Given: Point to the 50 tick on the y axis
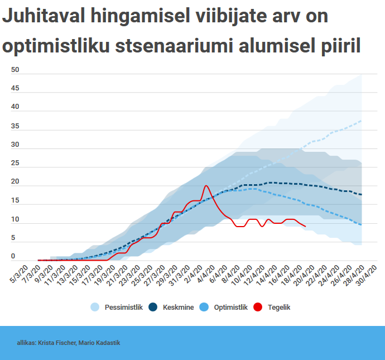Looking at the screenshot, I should point(15,70).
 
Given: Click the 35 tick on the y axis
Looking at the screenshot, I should point(15,126).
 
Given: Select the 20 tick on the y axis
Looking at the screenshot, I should point(15,182).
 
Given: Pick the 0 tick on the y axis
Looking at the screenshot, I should point(13,257).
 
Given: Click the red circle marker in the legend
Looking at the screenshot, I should point(258,307).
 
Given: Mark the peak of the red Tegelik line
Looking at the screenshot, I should point(206,185).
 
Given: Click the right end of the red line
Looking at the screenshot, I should point(305,226).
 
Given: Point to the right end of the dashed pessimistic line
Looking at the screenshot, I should point(362,121).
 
